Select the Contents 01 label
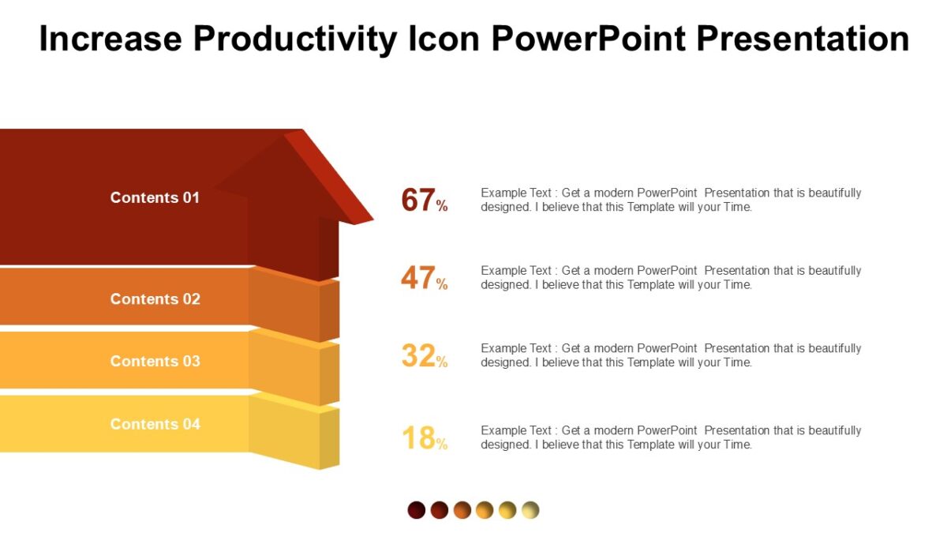[x=155, y=197]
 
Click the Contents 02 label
[x=155, y=298]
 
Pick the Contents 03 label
[x=155, y=361]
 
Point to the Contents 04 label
[x=155, y=424]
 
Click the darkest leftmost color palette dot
[x=417, y=510]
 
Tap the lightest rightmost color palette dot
[x=530, y=510]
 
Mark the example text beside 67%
[x=671, y=200]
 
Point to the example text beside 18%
[x=671, y=437]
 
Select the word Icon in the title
[x=444, y=38]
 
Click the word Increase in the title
[x=110, y=38]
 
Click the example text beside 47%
[x=671, y=277]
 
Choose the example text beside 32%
[x=671, y=355]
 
